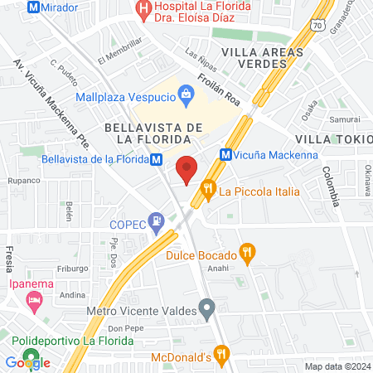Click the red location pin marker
[186, 168]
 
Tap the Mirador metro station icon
[34, 7]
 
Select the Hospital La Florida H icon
[143, 10]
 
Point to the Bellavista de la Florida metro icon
[157, 159]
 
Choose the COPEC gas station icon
[155, 222]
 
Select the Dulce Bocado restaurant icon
[246, 250]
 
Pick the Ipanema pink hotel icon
[34, 300]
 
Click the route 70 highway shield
[317, 27]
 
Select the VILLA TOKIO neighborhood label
[332, 139]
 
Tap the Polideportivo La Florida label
[71, 341]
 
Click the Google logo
[27, 362]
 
